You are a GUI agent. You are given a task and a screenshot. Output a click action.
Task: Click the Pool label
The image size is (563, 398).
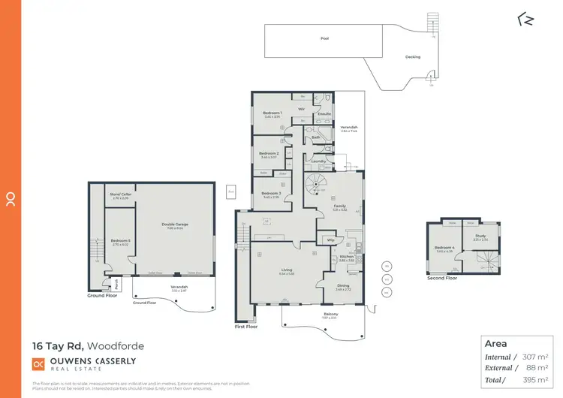(324, 38)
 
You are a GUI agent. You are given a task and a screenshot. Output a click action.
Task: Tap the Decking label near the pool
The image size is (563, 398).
(413, 56)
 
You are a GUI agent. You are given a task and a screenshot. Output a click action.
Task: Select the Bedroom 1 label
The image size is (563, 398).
(272, 113)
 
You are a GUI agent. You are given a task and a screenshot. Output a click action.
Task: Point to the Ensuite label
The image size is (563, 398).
(324, 114)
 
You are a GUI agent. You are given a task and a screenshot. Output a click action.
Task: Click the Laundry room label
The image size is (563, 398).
(317, 161)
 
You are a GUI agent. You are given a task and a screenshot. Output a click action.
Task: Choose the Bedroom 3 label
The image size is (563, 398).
(272, 194)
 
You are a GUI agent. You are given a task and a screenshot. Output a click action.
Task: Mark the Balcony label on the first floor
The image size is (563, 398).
(330, 314)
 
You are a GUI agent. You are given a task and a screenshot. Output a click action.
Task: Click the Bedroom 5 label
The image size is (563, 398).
(120, 241)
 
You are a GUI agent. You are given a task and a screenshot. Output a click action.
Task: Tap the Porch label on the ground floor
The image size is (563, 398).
(117, 284)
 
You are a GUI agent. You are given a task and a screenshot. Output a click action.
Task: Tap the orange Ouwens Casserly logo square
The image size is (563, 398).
(38, 363)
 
